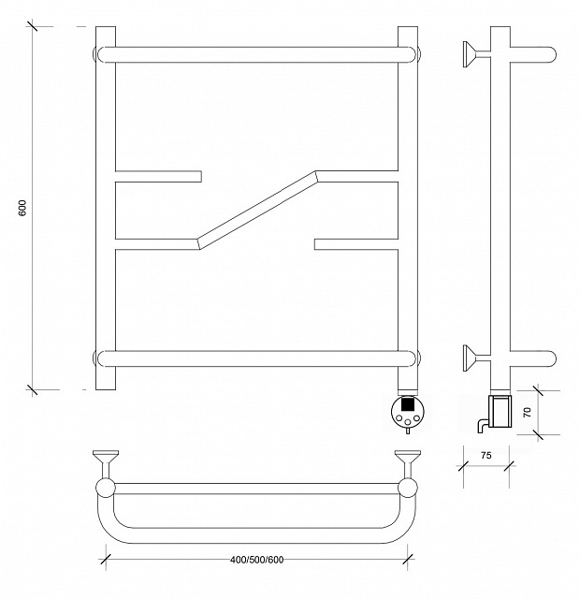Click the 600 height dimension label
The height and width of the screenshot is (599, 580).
[22, 208]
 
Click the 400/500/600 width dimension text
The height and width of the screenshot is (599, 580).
[257, 560]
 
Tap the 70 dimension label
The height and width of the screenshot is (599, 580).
[527, 412]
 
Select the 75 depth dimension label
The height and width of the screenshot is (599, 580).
[486, 456]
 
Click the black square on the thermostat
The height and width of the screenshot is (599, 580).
[408, 404]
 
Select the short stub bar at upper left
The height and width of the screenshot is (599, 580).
[158, 177]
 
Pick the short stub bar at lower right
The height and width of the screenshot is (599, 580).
[356, 244]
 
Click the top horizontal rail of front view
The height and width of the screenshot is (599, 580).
[256, 54]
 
